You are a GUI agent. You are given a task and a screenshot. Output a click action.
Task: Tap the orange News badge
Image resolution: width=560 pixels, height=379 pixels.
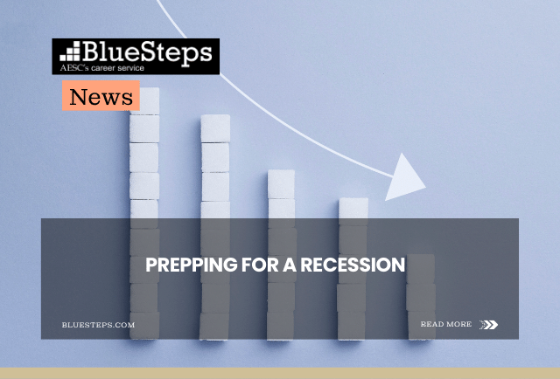(101, 97)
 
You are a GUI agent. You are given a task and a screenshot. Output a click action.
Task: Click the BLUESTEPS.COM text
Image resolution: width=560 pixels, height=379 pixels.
(99, 325)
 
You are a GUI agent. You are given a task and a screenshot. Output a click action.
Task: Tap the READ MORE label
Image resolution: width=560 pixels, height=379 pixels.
(445, 324)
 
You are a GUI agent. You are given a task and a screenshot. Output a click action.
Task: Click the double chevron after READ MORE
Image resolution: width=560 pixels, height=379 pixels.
(488, 325)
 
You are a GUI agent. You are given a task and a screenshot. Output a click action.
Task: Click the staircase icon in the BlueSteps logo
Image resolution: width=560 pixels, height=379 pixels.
(69, 50)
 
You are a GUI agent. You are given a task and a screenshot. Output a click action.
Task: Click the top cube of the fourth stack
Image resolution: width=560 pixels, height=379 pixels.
(353, 208)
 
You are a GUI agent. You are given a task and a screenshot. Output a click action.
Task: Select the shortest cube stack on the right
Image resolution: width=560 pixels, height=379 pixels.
(421, 297)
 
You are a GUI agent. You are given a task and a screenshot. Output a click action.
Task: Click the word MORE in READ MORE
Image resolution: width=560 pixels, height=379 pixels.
(458, 324)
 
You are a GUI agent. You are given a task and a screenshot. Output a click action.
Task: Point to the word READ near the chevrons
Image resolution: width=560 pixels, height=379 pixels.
(432, 324)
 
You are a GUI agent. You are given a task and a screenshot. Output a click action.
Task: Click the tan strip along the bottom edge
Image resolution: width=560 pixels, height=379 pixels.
(280, 373)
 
